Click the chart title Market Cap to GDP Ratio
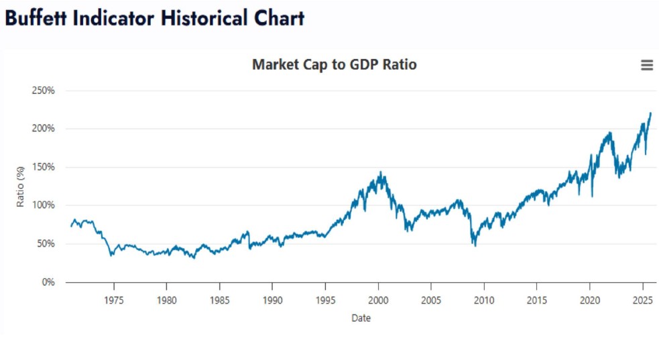(x=334, y=65)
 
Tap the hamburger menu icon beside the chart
(x=646, y=65)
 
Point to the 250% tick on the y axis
(x=44, y=91)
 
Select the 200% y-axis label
(x=44, y=129)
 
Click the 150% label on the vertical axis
(x=44, y=167)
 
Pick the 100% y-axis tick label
(x=44, y=205)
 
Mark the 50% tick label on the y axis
(x=46, y=243)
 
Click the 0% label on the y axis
(x=48, y=282)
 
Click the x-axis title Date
(x=361, y=318)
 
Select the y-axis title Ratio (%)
(x=20, y=186)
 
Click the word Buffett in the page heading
(x=38, y=18)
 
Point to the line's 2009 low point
(x=475, y=245)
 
